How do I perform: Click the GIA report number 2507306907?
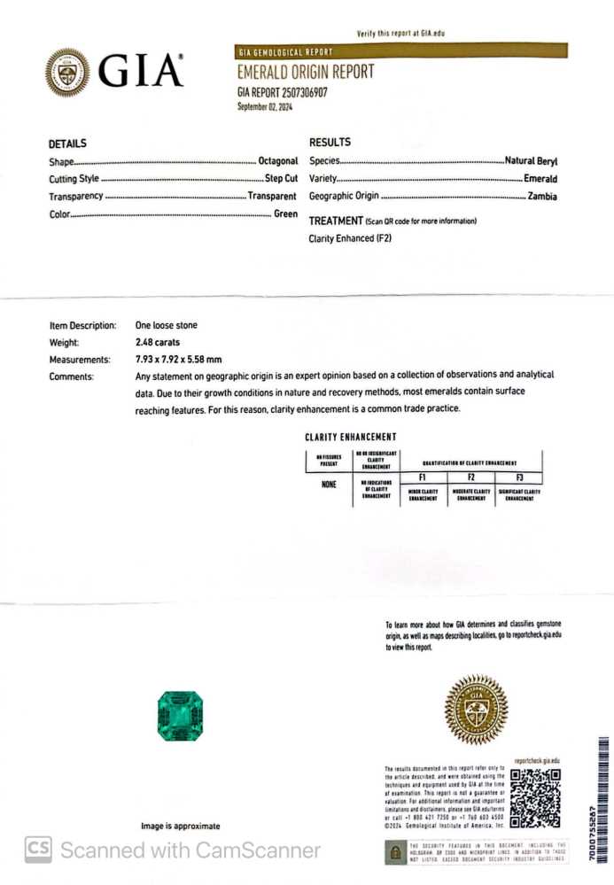(x=282, y=91)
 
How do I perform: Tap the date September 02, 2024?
(x=264, y=107)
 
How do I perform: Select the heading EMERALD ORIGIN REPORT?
(x=305, y=73)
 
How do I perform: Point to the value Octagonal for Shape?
(x=277, y=162)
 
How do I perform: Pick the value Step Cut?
(x=281, y=179)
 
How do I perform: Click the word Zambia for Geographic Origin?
(x=542, y=196)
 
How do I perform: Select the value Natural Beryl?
(x=531, y=161)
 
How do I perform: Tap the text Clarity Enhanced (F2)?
(x=350, y=238)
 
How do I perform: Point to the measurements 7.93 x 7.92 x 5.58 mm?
(x=178, y=359)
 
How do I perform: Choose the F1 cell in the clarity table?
(x=423, y=477)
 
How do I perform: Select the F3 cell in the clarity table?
(x=519, y=477)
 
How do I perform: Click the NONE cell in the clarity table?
(x=328, y=485)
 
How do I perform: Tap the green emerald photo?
(x=180, y=716)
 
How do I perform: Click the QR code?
(x=535, y=797)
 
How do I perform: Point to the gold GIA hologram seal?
(x=476, y=710)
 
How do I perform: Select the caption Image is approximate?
(x=181, y=826)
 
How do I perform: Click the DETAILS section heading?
(x=67, y=144)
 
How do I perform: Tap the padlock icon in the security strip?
(x=395, y=853)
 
